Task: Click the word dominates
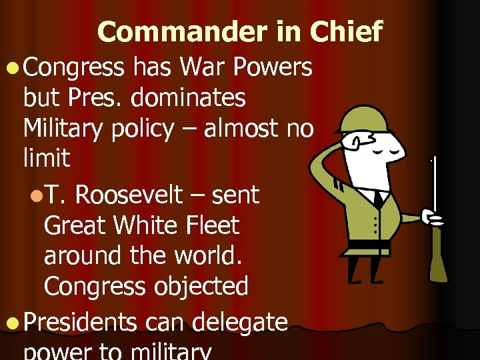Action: (x=188, y=97)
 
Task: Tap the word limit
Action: (x=46, y=158)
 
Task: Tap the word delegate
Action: (x=239, y=323)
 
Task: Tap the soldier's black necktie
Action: (x=379, y=199)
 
